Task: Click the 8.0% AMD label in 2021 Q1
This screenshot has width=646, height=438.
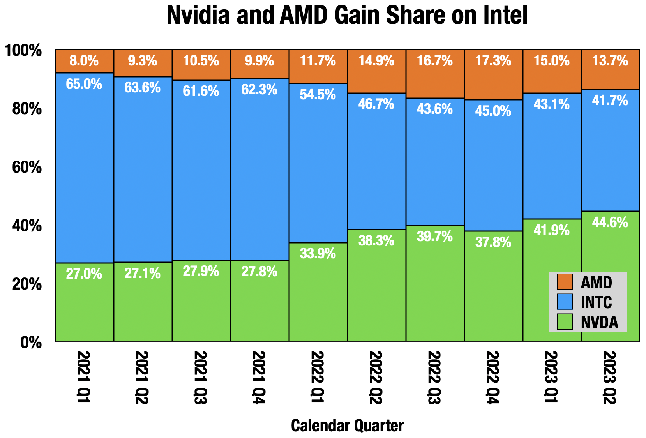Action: [84, 61]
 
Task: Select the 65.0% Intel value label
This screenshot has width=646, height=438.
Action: [84, 84]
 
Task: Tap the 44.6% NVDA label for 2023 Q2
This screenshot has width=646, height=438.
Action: [610, 223]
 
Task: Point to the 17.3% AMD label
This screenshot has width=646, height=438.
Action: [493, 61]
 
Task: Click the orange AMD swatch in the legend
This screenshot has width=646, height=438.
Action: [565, 282]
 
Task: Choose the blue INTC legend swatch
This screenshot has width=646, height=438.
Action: [565, 302]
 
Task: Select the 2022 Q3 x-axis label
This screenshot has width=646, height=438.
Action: [434, 378]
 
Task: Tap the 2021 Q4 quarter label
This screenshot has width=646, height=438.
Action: [259, 378]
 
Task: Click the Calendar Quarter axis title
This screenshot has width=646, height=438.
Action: [347, 426]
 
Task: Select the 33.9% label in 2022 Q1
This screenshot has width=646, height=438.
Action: [318, 254]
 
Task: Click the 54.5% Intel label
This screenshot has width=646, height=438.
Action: [318, 95]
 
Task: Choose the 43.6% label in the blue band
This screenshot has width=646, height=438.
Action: [435, 109]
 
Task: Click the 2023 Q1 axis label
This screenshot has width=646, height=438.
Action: [551, 378]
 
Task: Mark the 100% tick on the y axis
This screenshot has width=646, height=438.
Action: [23, 51]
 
